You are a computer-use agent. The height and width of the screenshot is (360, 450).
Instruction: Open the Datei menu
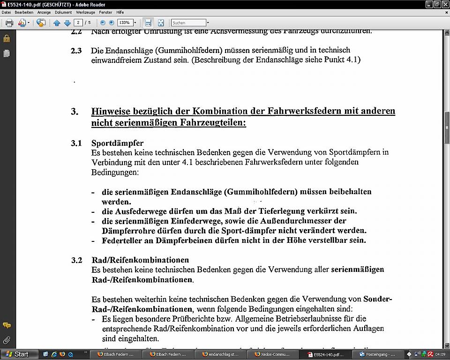pos(6,12)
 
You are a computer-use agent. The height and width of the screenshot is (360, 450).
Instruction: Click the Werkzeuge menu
pos(85,12)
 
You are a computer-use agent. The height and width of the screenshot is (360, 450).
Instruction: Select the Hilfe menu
pos(120,12)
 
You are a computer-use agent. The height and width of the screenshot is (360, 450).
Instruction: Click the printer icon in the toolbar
pos(9,22)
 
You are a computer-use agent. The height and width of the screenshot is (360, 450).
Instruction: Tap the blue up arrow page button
pos(57,22)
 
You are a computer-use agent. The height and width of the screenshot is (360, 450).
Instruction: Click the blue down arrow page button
pos(67,22)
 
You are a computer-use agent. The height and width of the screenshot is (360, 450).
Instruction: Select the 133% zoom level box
pos(125,22)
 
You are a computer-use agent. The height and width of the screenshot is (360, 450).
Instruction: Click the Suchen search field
pos(188,22)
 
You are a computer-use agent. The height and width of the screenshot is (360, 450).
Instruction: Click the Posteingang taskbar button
pos(380,354)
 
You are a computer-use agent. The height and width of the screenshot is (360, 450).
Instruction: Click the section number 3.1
pos(76,143)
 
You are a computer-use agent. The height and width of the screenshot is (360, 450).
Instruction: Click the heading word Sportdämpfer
pos(117,143)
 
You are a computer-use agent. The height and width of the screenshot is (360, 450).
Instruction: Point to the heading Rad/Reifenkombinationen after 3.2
pos(140,260)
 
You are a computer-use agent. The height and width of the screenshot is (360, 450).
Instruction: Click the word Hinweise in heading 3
pos(111,112)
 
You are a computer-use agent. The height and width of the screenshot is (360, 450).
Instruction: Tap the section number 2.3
pos(76,51)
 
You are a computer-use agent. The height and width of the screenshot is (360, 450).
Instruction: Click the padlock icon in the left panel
pos(7,38)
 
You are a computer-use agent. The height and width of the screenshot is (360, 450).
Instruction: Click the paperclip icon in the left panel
pos(7,340)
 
